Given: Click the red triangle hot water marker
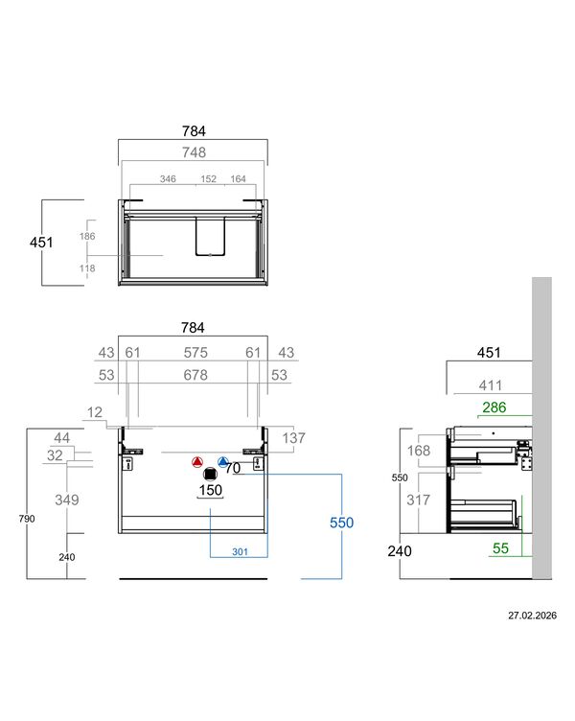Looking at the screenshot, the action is tap(197, 462).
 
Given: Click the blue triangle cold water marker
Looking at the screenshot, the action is tap(223, 462).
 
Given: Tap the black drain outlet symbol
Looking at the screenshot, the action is tap(210, 474).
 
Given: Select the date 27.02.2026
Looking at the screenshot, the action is tap(532, 616).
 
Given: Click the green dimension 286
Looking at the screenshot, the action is tap(494, 407).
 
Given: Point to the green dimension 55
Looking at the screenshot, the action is tap(500, 548).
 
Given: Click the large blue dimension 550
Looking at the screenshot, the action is tap(341, 523).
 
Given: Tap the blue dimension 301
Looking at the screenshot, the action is tap(240, 551).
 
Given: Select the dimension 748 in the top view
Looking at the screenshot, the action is tap(194, 152).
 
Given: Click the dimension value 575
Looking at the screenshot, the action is tap(195, 353).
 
